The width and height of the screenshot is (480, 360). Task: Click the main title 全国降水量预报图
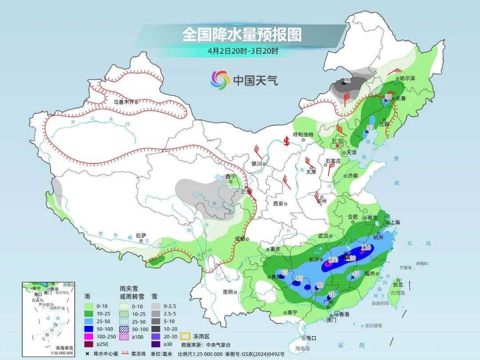click(x=242, y=35)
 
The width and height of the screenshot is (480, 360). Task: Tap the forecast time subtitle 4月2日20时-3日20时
click(x=243, y=51)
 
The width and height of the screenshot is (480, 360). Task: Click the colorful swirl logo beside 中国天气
click(x=220, y=80)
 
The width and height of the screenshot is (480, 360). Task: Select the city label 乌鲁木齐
click(x=123, y=102)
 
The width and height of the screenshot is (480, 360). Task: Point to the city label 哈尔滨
click(x=407, y=78)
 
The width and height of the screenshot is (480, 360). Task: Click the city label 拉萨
click(x=141, y=236)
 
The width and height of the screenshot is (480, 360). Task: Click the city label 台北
click(x=397, y=284)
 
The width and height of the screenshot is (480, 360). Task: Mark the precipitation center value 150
click(x=333, y=260)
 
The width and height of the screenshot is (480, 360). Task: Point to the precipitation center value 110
click(x=366, y=248)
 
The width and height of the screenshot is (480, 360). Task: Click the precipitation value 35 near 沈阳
click(x=370, y=128)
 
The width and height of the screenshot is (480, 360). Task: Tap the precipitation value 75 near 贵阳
click(x=285, y=272)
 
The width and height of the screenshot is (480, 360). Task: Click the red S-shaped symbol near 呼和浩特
click(x=287, y=141)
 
